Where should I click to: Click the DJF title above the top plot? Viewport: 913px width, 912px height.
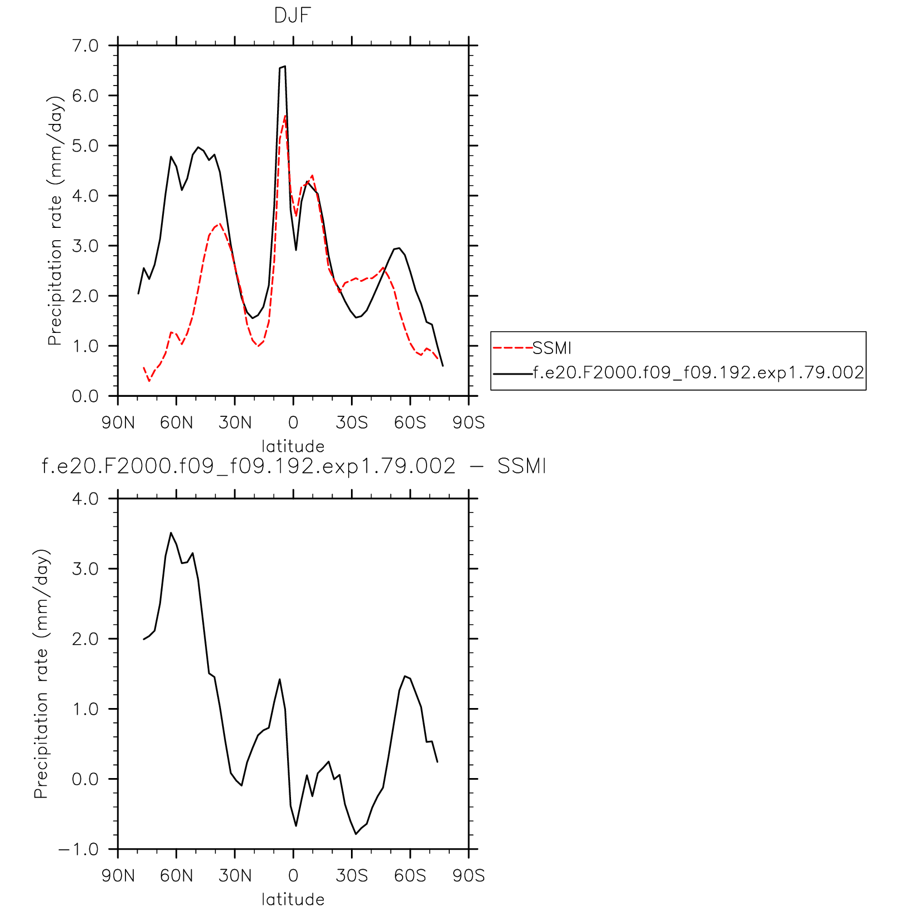pos(292,16)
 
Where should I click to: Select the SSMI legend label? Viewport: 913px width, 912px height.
pos(552,348)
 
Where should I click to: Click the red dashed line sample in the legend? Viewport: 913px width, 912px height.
pos(513,348)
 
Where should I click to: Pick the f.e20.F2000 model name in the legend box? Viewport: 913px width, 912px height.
pos(699,372)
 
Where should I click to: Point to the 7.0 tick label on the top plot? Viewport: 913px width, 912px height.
pos(85,46)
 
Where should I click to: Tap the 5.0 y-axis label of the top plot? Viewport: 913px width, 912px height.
pos(85,146)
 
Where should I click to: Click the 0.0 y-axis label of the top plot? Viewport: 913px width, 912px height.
pos(85,397)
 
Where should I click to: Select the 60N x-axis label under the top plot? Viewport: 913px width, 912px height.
pos(177,423)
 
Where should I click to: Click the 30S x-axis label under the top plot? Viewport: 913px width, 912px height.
pos(352,423)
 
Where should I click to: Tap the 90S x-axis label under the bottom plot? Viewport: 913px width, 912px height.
pos(469,876)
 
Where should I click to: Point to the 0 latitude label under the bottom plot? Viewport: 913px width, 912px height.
pos(293,876)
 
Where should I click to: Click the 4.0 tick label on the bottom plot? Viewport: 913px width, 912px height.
pos(85,499)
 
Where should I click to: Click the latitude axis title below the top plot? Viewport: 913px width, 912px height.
pos(293,446)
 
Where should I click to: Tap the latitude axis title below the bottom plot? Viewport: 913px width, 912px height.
pos(293,899)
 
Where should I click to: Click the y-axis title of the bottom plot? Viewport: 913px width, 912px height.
pos(42,674)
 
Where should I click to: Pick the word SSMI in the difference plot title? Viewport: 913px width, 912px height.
pos(522,466)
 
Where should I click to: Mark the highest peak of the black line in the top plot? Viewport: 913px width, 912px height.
pos(284,66)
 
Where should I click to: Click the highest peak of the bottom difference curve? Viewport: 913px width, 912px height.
pos(171,532)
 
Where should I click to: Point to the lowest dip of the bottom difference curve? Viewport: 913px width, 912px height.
pos(356,834)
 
